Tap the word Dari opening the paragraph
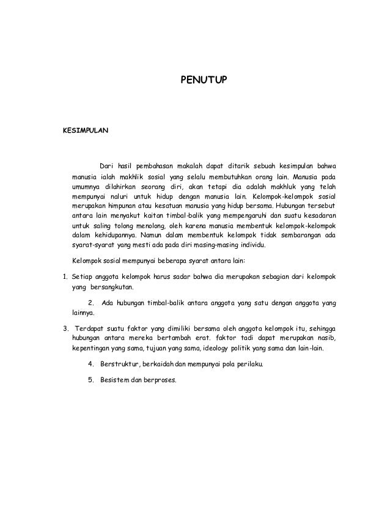coord(107,167)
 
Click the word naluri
coord(119,196)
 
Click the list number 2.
coord(91,303)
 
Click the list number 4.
coord(91,366)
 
